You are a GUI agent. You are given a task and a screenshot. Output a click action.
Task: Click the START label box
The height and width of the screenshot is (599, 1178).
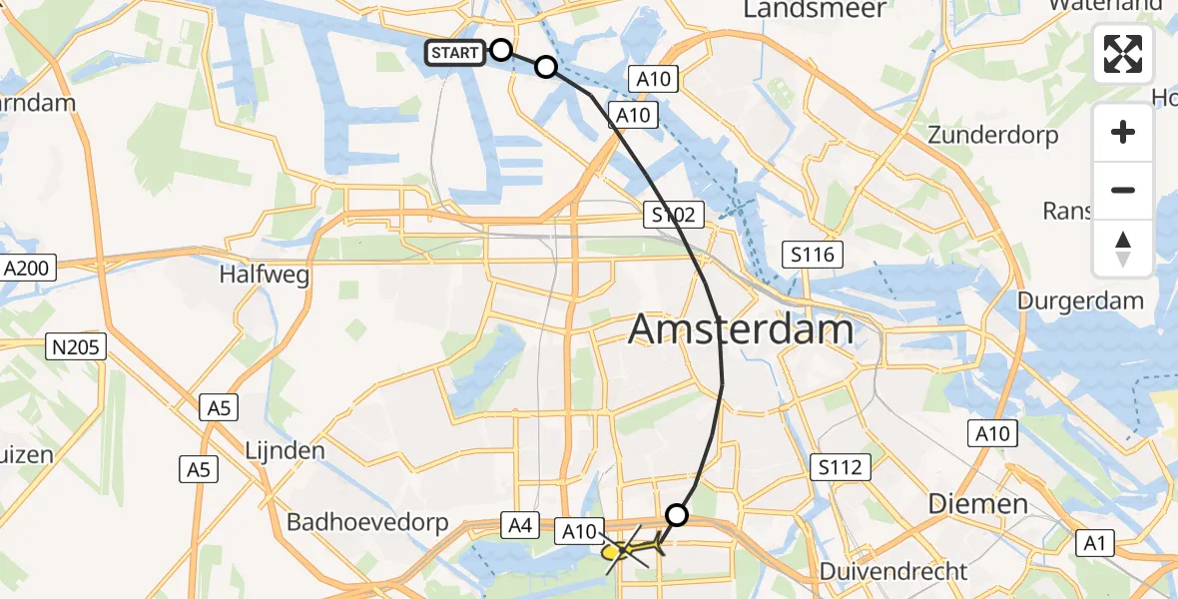point(456,52)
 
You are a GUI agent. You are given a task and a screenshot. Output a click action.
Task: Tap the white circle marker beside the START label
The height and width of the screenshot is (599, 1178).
point(501,50)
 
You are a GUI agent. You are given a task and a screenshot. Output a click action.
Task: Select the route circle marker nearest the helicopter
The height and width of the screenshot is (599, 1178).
point(677,515)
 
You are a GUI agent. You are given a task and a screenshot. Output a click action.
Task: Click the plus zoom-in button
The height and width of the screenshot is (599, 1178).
point(1123,132)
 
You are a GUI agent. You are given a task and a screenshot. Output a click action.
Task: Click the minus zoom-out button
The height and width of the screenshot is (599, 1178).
point(1123,190)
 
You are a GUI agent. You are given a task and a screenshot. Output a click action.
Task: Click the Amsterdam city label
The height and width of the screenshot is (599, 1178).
point(742,329)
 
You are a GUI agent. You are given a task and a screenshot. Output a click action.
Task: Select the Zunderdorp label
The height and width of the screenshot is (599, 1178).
point(993,135)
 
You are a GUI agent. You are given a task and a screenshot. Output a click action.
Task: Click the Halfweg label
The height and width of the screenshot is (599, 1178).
point(266,274)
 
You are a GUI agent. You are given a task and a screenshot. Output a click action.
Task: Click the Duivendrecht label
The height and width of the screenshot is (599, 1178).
point(892,572)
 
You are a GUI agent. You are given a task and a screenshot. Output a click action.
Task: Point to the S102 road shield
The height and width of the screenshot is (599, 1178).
point(675,214)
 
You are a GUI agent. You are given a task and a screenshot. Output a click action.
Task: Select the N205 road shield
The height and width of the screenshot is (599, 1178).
point(77,346)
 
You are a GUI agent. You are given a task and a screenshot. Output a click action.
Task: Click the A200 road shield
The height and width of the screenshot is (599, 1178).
point(29,268)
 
